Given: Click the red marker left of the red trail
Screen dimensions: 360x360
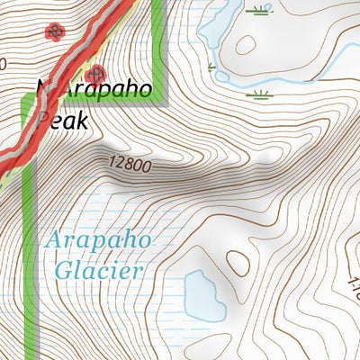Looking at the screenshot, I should (55, 31).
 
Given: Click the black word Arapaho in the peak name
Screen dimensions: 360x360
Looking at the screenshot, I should (90, 93).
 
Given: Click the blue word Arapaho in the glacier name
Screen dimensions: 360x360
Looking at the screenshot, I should (98, 241).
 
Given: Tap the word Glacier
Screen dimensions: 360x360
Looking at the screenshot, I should (98, 268).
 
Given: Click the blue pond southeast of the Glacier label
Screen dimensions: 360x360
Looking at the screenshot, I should (203, 296).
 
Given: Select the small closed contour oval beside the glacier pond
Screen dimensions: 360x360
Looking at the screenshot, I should (239, 261).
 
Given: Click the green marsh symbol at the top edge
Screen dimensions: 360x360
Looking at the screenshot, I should (261, 10).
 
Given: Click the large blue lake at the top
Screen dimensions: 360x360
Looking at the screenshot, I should (213, 22).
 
